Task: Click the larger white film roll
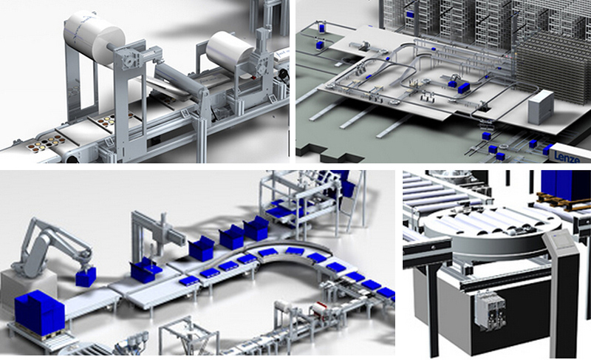click(95, 36)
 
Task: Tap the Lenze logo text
click(567, 157)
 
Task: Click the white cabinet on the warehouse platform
click(541, 107)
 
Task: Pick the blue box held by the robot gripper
click(86, 276)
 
